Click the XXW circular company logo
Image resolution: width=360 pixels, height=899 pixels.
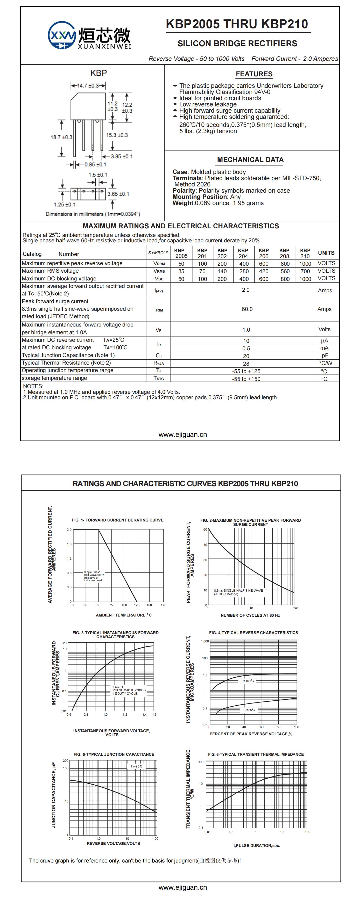(62, 35)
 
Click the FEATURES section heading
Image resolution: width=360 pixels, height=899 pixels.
(254, 74)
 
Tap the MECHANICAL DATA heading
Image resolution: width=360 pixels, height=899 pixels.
(250, 160)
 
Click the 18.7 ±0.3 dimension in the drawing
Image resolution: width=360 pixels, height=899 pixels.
(61, 137)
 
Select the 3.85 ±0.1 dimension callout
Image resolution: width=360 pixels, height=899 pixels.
(122, 156)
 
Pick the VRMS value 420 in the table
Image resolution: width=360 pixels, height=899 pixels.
(264, 271)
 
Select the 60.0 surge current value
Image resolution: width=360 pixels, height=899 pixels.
(247, 309)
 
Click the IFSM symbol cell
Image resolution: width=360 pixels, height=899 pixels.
(159, 310)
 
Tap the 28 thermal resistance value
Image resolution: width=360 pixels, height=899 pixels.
(246, 364)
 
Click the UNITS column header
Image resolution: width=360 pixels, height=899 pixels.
(326, 253)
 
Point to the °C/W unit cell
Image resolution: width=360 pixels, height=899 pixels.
(326, 363)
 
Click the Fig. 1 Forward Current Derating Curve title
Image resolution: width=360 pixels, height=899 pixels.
(118, 520)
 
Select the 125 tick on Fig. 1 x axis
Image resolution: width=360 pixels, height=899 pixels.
(137, 605)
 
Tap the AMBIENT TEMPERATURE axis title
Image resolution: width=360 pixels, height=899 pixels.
(124, 615)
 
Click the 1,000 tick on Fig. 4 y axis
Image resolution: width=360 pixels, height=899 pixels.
(204, 641)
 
